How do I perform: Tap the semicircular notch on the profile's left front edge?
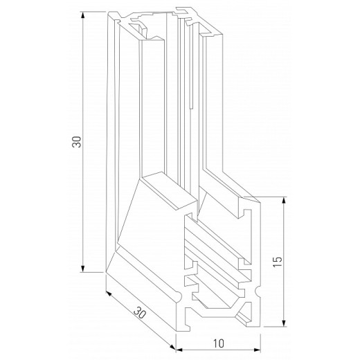181,296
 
